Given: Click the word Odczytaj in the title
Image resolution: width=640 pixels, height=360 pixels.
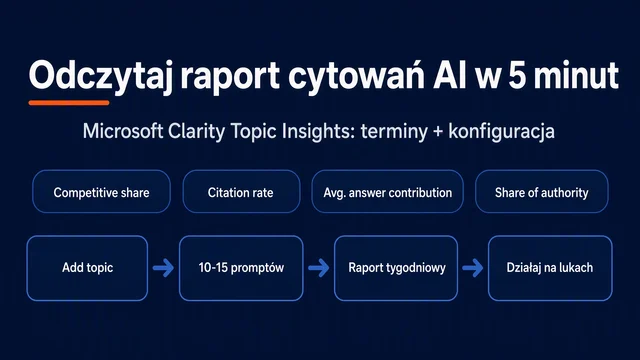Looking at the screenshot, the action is pos(100,76).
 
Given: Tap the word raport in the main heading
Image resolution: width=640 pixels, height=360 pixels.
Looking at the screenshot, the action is pos(230,76).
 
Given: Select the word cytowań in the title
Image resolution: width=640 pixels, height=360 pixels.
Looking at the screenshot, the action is pos(356,76).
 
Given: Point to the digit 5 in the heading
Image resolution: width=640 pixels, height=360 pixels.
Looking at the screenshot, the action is pos(517,75).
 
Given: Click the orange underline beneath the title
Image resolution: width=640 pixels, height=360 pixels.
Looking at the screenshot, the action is pos(69,103).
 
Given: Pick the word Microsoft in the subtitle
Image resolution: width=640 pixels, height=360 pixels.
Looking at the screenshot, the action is pos(123,131).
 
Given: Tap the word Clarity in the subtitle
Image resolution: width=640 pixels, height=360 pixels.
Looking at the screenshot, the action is pos(197,132).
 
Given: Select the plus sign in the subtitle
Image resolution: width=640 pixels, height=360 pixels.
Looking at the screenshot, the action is pos(438,132).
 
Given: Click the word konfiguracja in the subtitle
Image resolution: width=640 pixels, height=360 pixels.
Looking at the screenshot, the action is pos(501,132).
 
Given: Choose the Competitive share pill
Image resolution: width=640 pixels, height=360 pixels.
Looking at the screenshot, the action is pos(101,191).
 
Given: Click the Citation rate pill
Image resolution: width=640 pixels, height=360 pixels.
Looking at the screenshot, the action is pos(241,191).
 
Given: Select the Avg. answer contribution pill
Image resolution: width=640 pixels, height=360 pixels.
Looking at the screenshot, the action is pos(387,191).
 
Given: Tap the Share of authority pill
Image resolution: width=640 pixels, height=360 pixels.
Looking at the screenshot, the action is pos(542,191).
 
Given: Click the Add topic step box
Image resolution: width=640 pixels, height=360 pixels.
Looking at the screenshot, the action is pos(87,268).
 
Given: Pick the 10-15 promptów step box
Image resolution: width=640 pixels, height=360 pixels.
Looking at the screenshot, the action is pos(241,268).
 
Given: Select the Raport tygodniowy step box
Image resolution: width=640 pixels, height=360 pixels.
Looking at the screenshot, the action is pos(396,268).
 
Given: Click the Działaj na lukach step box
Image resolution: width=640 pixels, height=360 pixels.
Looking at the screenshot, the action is pos(550,268).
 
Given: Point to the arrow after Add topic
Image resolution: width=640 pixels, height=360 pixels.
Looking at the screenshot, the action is pos(163,268).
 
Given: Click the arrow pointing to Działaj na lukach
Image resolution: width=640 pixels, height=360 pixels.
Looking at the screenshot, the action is pos(473,268).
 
